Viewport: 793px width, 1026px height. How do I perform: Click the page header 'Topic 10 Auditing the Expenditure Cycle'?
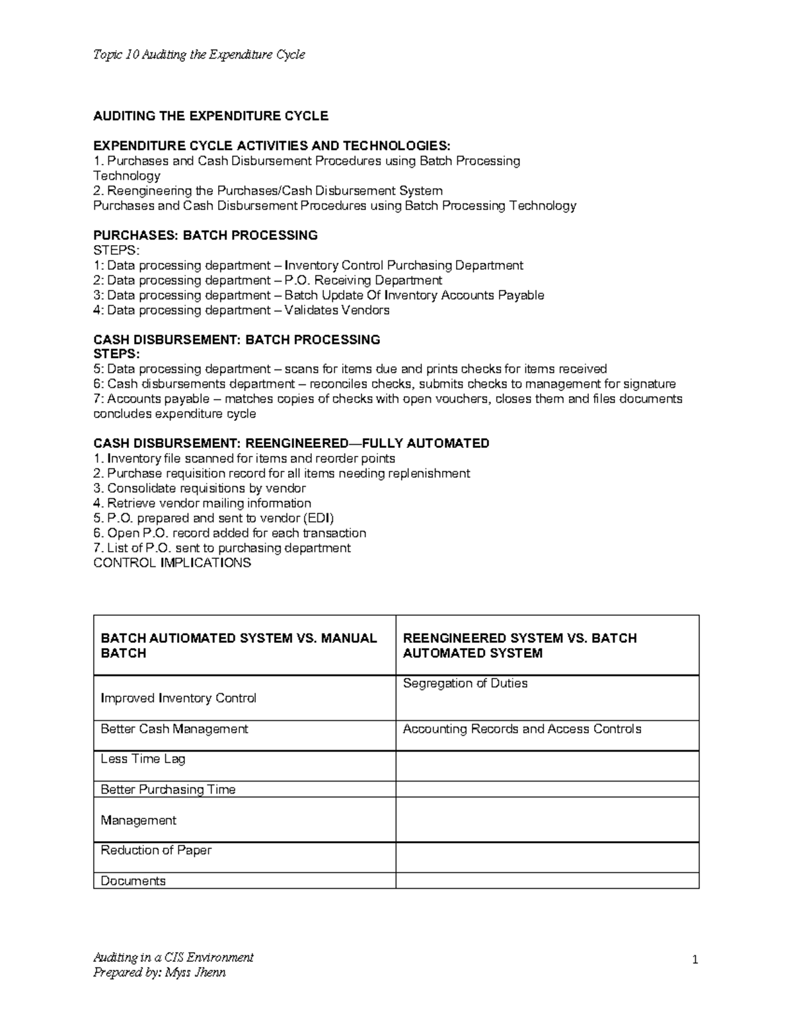[199, 55]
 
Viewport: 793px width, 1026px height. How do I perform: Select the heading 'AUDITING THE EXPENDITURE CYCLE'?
[211, 116]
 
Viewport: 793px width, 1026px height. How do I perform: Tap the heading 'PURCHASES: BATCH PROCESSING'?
[206, 235]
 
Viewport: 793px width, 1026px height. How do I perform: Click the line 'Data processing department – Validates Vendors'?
[241, 310]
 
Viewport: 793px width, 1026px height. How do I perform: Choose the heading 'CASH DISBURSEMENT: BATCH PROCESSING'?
[237, 340]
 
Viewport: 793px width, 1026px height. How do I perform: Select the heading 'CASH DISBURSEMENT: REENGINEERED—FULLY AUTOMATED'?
[291, 443]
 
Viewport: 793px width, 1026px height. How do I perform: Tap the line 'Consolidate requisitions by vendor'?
[199, 488]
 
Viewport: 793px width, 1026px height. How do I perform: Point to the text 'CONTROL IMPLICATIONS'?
[172, 563]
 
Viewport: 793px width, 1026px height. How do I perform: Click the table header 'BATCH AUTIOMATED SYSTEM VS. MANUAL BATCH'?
[239, 645]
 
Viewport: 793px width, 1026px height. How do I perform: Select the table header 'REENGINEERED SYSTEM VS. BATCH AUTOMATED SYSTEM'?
[519, 645]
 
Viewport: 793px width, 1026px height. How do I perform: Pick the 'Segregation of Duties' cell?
[465, 684]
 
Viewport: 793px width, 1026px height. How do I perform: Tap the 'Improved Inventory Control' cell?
[178, 698]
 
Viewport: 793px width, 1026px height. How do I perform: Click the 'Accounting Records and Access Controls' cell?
[522, 729]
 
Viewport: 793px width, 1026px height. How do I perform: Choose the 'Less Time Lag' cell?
[143, 759]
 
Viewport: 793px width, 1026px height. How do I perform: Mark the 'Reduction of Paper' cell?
[156, 850]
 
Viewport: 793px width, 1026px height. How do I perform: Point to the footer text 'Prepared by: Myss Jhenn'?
[159, 972]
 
